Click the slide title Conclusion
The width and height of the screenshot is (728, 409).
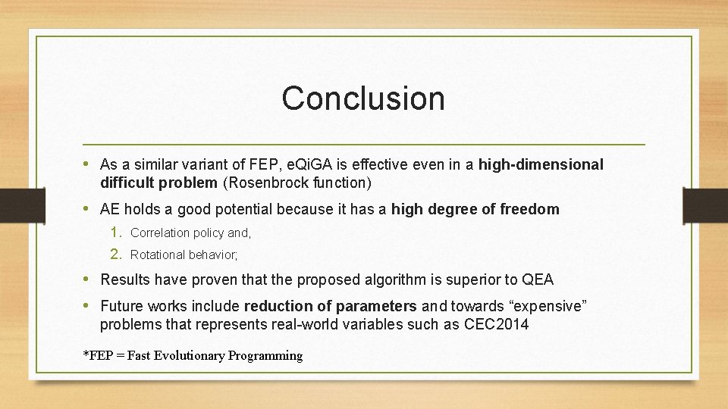[x=363, y=98]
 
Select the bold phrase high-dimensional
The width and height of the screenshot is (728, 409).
[x=541, y=164]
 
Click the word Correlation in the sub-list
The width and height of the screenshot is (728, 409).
[x=160, y=233]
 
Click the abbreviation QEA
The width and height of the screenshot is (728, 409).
[x=538, y=279]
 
